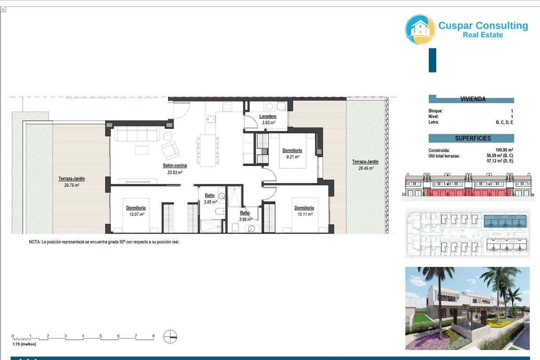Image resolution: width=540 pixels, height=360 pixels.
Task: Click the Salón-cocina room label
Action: pos(175,166)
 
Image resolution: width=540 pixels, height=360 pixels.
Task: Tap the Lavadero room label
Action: pos(268,116)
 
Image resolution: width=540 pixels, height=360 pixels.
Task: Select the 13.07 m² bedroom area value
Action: pos(137,214)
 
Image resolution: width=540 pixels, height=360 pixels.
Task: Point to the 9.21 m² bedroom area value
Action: pos(293,157)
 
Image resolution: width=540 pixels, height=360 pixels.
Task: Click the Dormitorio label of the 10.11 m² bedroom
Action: pos(304,207)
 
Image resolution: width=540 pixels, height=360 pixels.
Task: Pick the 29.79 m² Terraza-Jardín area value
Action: pos(72,185)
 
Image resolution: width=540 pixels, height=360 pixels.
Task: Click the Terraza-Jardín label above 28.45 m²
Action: pos(365,162)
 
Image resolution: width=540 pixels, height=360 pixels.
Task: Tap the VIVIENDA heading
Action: pos(473,99)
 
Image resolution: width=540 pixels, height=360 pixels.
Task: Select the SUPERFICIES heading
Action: pos(473,139)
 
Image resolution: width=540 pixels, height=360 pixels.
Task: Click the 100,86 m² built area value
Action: pos(504,150)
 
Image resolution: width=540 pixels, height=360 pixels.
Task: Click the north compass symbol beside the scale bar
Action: pos(170,337)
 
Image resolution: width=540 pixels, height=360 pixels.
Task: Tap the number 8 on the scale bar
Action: pos(153,336)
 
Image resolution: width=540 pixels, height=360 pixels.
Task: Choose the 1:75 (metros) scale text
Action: pos(24,344)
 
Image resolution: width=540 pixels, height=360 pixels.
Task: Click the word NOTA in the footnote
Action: pos(35,242)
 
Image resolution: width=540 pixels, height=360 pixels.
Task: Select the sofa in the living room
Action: pos(137,134)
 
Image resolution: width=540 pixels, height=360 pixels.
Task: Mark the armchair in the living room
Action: pos(171,150)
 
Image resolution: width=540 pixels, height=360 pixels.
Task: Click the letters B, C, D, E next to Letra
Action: pos(504,122)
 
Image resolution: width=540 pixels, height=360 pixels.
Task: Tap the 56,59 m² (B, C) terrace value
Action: pos(500,156)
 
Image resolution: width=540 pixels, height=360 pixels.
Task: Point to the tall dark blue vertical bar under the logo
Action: pos(432,60)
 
